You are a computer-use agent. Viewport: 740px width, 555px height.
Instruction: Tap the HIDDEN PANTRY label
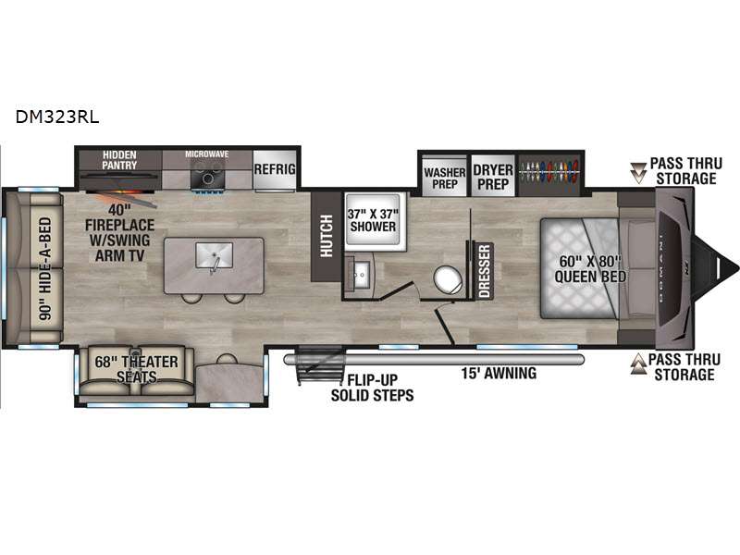click(120, 160)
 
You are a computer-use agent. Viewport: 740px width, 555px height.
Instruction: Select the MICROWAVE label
click(206, 154)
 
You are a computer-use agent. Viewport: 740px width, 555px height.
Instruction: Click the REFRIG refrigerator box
click(274, 169)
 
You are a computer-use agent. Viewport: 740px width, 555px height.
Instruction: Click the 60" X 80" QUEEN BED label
click(591, 266)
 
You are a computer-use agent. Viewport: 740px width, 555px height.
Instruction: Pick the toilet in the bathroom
click(449, 280)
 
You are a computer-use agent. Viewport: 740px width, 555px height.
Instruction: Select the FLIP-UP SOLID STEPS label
click(374, 388)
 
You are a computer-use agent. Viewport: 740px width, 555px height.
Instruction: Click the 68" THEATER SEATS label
click(136, 368)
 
